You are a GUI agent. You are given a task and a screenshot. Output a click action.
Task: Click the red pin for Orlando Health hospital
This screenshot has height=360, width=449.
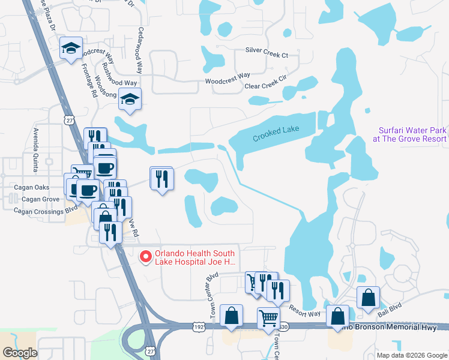pos(145,257)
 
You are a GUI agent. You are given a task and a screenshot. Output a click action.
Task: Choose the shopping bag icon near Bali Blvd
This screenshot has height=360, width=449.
pos(369,298)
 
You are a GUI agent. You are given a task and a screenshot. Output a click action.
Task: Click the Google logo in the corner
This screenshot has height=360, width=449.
pos(20,353)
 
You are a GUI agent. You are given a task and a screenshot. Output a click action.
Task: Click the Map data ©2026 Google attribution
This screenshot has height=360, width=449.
pos(411,355)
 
